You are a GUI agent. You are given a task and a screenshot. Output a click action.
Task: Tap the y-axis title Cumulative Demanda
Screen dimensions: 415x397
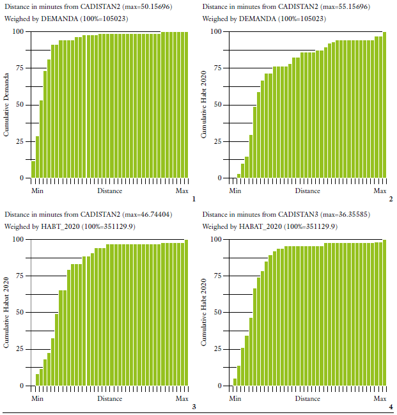click(x=7, y=104)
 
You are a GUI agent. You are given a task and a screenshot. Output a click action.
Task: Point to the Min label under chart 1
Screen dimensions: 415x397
click(x=37, y=191)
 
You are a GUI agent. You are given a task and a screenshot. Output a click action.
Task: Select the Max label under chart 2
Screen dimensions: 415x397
click(x=380, y=191)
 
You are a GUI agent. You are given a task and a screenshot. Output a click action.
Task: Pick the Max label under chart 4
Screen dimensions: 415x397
click(x=380, y=398)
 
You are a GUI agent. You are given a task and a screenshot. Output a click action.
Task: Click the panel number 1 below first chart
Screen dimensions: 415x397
click(x=193, y=200)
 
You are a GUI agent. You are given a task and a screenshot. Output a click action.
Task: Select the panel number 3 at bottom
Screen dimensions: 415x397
click(x=193, y=407)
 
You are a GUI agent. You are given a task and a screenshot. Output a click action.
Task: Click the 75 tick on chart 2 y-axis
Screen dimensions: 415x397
click(x=218, y=68)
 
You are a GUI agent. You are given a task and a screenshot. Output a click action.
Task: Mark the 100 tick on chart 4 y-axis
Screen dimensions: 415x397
click(x=217, y=239)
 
